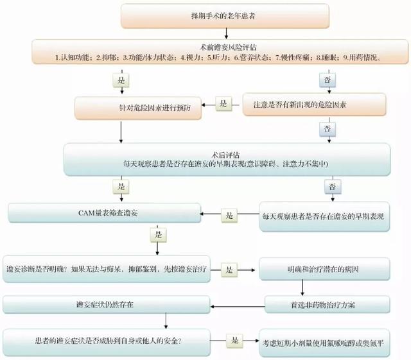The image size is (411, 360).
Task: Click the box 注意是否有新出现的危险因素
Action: click(x=314, y=105)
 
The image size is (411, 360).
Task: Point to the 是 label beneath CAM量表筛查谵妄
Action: click(x=158, y=236)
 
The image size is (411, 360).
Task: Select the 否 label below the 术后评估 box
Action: click(x=332, y=187)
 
